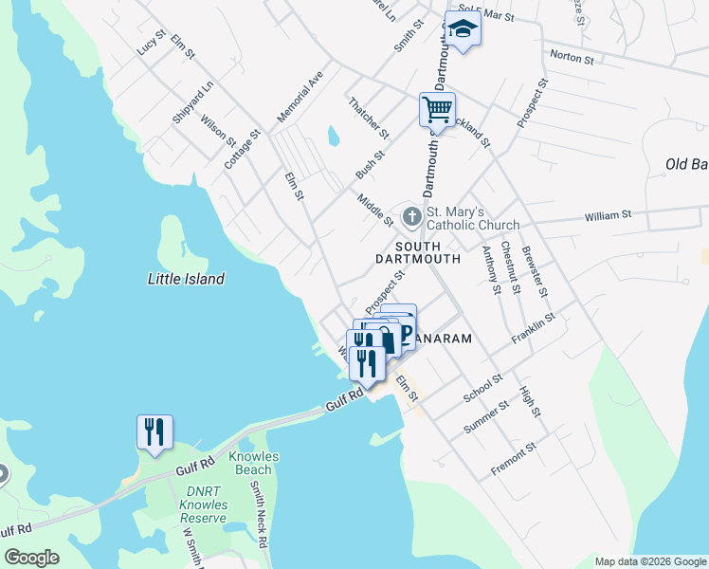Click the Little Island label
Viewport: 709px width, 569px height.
(187, 279)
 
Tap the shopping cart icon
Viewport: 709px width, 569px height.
(437, 109)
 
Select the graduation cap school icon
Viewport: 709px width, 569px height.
(464, 28)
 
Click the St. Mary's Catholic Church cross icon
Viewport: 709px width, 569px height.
(411, 217)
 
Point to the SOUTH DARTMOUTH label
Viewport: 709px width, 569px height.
(418, 250)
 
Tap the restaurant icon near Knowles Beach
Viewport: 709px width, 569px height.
(154, 431)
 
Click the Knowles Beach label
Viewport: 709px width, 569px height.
(253, 463)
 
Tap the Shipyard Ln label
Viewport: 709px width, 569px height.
(193, 102)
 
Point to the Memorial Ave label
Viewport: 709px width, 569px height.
(300, 95)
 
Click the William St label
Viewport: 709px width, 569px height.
(608, 216)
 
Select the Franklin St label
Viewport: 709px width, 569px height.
(535, 326)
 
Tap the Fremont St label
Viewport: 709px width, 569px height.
(514, 459)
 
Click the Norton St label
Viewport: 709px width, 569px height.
(572, 59)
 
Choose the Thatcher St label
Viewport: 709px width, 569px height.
(369, 117)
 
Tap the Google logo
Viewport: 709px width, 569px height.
(31, 558)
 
